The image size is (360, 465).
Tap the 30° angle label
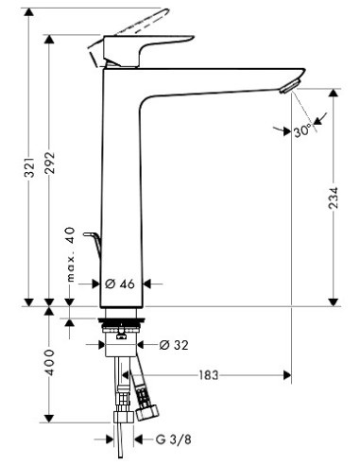point(301,132)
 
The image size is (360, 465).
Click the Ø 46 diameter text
point(121,283)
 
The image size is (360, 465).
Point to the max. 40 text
point(70,254)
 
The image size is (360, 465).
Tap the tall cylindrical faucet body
point(121,189)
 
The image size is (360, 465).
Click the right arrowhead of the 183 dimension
point(283,375)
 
